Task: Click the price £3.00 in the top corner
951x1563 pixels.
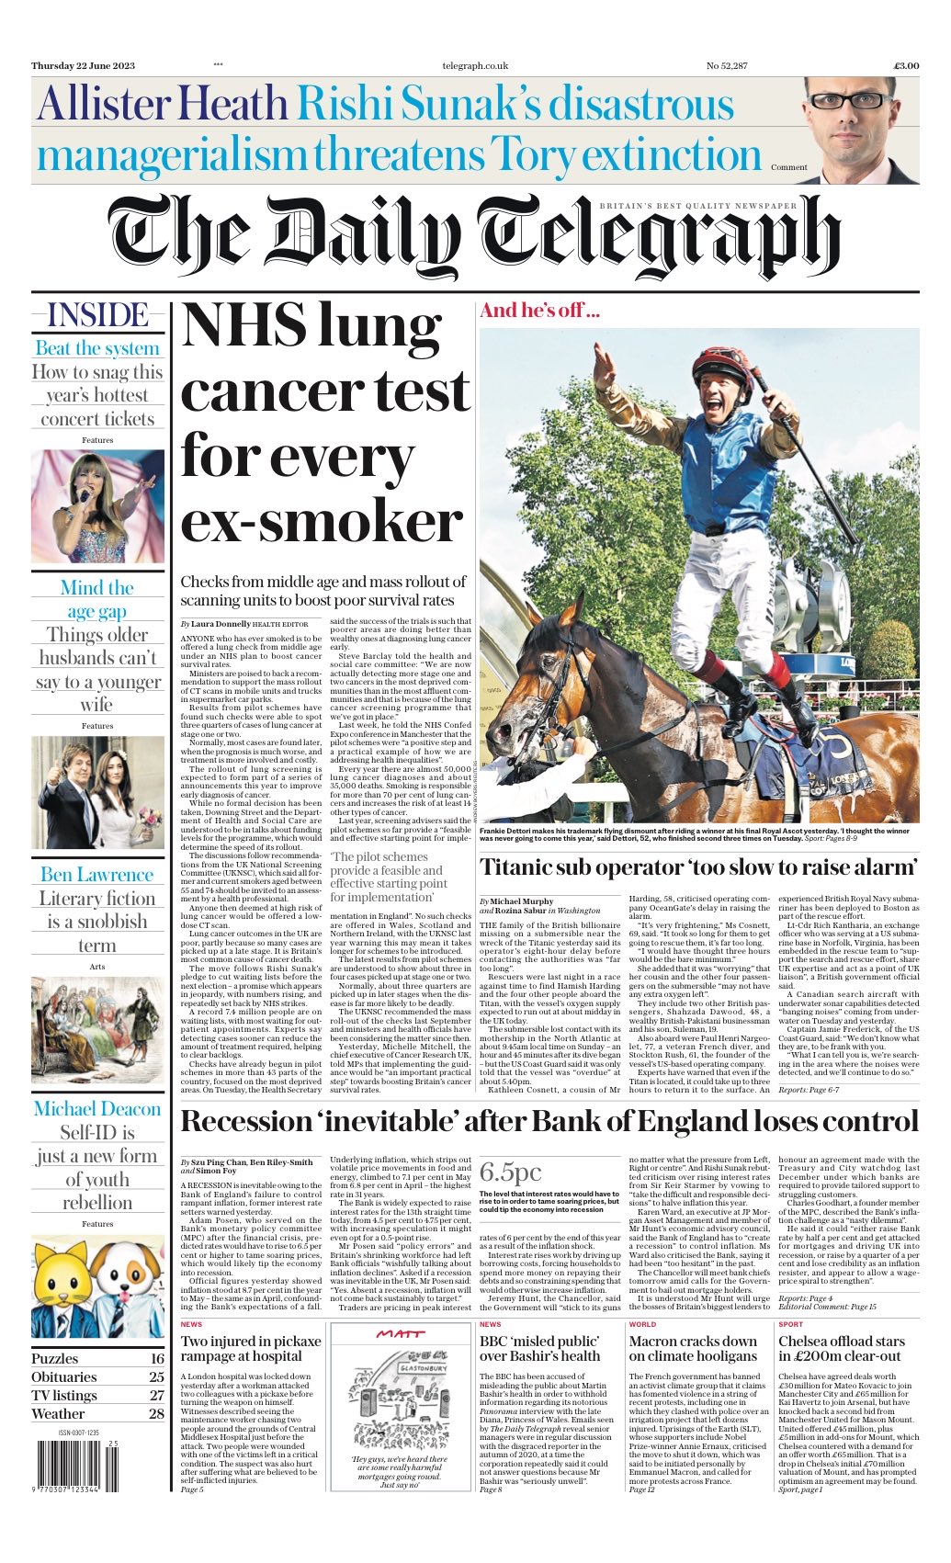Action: [x=905, y=65]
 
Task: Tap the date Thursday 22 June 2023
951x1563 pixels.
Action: [x=83, y=65]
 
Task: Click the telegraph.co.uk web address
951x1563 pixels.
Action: [x=474, y=65]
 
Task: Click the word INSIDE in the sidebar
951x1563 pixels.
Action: [x=97, y=315]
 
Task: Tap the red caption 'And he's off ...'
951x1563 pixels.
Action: [x=539, y=310]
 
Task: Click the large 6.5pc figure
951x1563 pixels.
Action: [x=510, y=1172]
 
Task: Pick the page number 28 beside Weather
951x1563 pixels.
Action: [x=156, y=1414]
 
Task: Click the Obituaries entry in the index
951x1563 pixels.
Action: [x=63, y=1376]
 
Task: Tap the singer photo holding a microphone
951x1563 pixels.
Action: [x=97, y=504]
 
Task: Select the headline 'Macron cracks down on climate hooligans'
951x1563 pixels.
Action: [x=693, y=1348]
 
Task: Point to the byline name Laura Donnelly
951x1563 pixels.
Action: [x=216, y=624]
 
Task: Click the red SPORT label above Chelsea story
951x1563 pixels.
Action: [x=789, y=1324]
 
